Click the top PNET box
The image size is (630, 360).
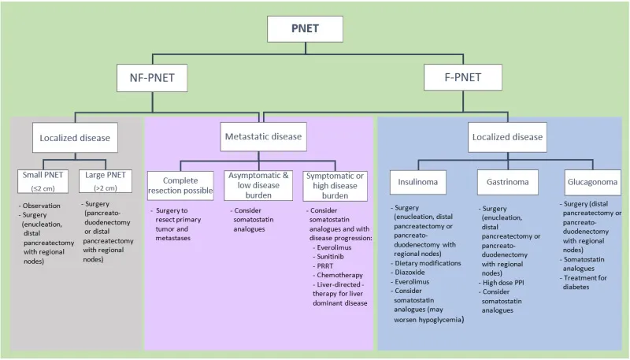pos(306,30)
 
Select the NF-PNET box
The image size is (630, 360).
pos(152,77)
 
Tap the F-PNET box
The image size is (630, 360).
pos(462,77)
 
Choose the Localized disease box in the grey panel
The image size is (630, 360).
pos(76,138)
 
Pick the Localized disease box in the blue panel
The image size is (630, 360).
pos(507,136)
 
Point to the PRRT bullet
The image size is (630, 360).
pos(326,267)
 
